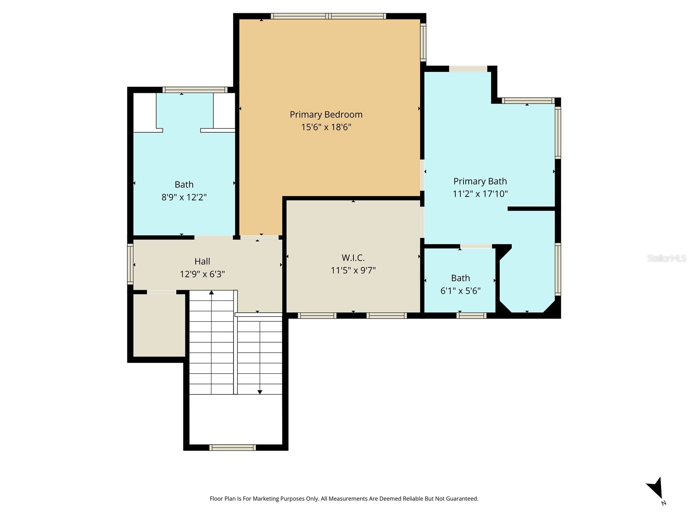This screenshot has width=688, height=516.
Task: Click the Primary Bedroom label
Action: tap(326, 114)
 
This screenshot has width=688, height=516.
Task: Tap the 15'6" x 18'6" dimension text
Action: tap(326, 127)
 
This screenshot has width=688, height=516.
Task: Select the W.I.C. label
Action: tap(353, 258)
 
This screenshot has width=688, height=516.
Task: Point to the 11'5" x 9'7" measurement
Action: tap(353, 270)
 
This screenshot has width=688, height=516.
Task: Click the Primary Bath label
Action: tap(480, 181)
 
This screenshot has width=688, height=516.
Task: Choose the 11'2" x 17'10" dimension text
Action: tap(480, 194)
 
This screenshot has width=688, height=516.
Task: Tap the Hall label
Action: tap(202, 261)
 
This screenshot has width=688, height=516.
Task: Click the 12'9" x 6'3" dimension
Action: tap(202, 274)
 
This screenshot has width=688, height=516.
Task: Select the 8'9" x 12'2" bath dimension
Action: tap(184, 197)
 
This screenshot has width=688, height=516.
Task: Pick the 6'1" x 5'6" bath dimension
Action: tap(460, 291)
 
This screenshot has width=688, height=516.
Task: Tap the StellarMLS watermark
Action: tap(666, 258)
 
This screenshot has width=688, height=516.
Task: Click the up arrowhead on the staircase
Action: tap(211, 293)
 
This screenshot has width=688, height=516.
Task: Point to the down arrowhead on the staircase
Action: tap(260, 392)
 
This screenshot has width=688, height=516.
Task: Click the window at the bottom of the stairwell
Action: tap(232, 448)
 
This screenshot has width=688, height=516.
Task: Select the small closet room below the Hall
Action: tap(159, 325)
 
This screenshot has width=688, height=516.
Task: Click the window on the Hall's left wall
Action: tap(130, 264)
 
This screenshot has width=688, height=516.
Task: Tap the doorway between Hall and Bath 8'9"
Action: tap(213, 237)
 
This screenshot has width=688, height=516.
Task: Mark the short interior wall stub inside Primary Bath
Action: tap(531, 209)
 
